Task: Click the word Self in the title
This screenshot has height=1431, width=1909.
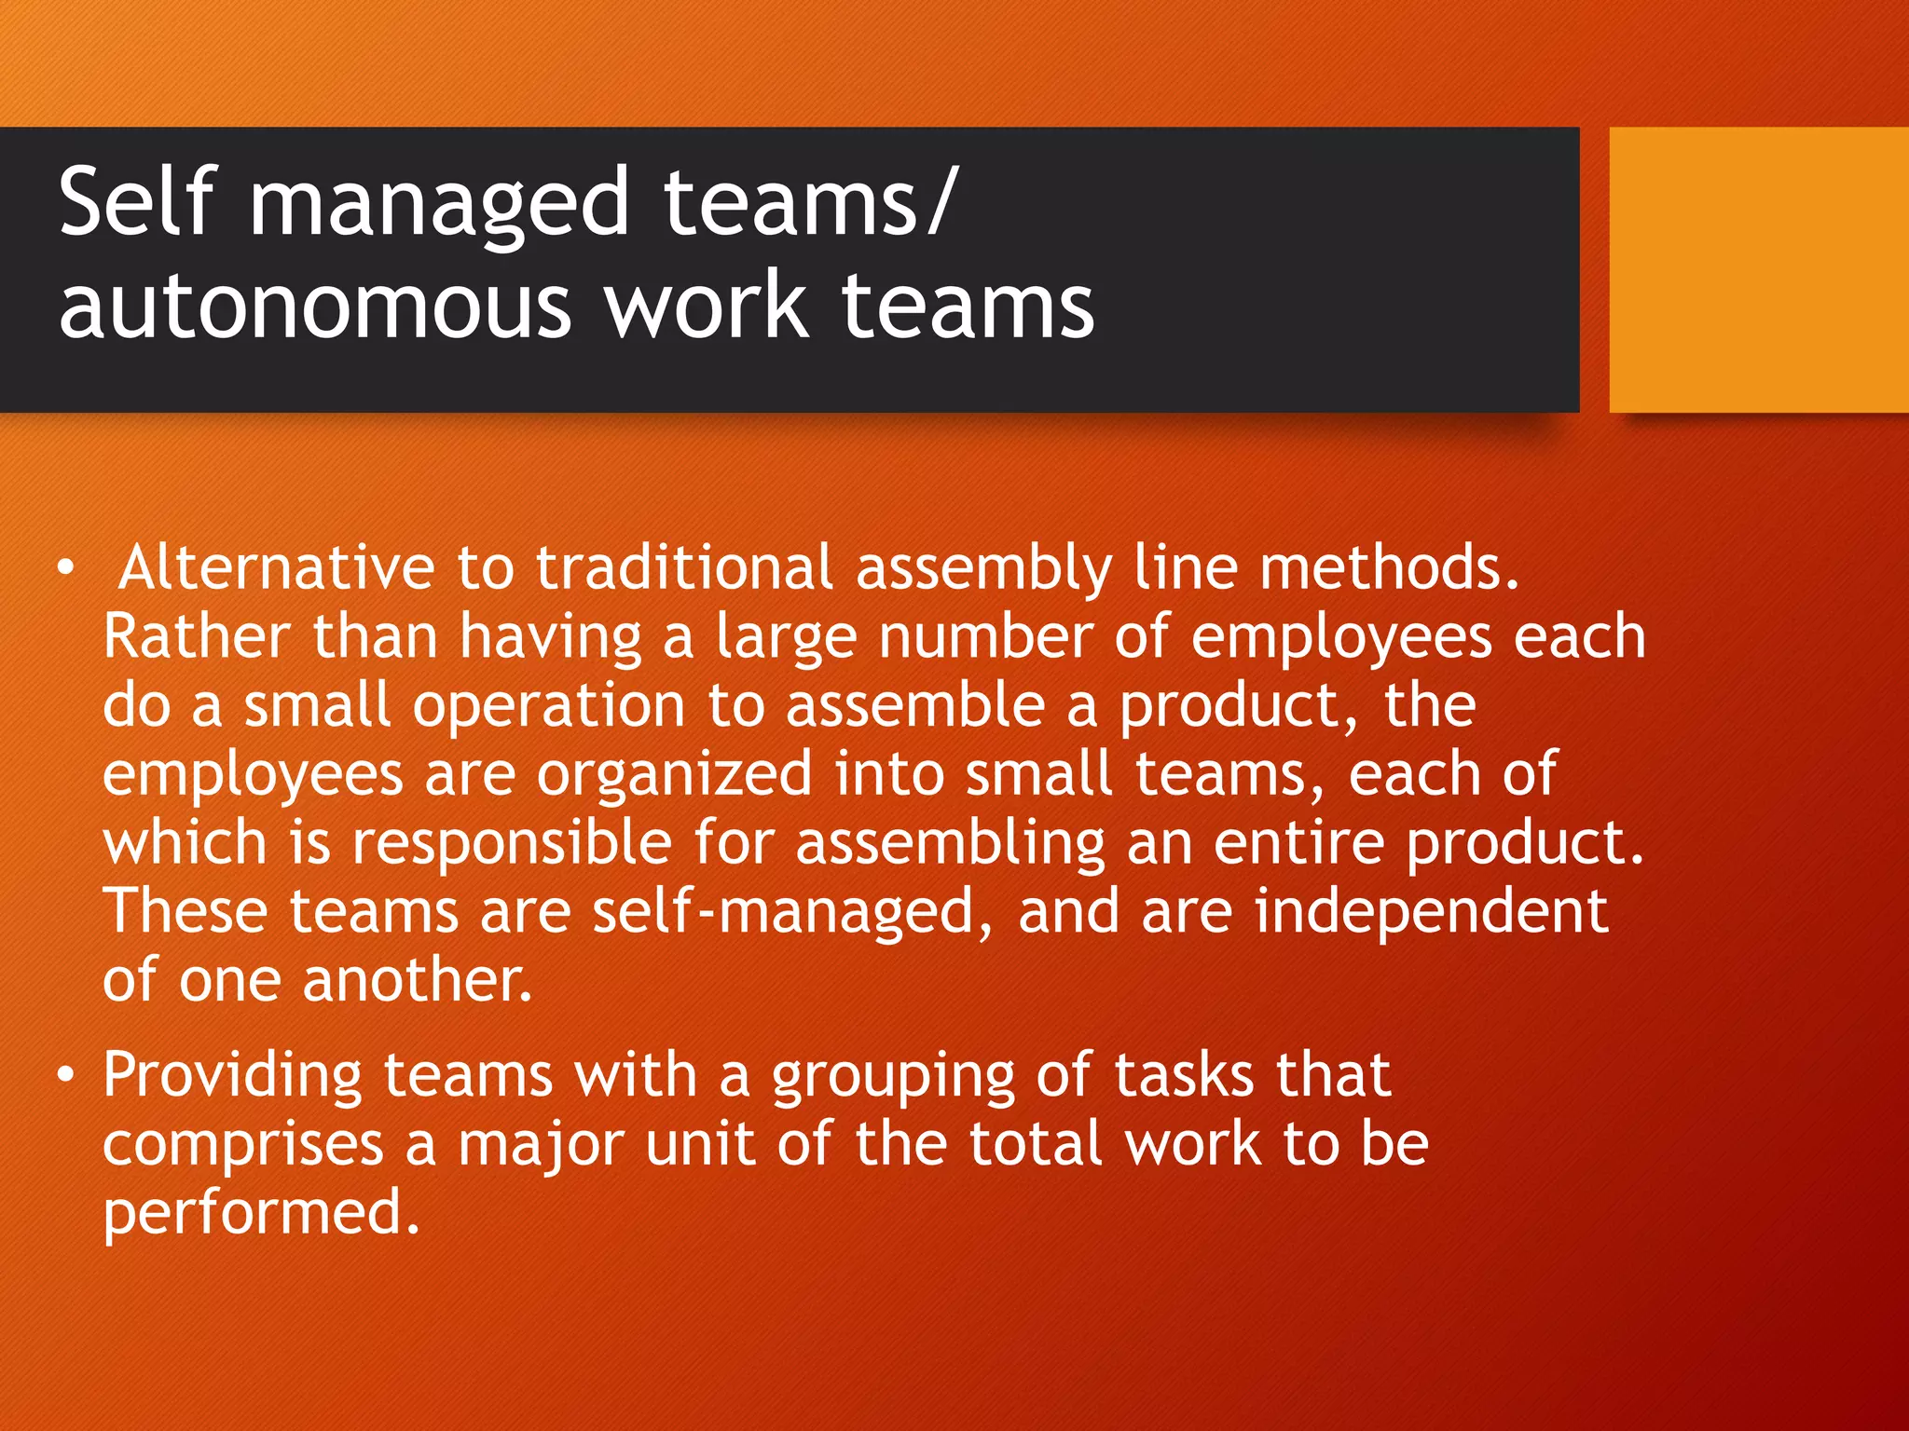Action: pyautogui.click(x=137, y=200)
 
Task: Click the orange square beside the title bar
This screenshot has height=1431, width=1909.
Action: pyautogui.click(x=1759, y=269)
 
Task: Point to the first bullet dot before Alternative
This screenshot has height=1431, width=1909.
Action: pyautogui.click(x=64, y=568)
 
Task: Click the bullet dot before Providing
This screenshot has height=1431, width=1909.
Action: pyautogui.click(x=64, y=1076)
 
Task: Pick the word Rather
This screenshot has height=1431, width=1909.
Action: pyautogui.click(x=196, y=637)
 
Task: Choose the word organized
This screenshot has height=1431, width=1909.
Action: pyautogui.click(x=674, y=774)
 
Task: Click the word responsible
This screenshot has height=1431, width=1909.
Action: pyautogui.click(x=512, y=842)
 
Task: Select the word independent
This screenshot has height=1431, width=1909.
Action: pyautogui.click(x=1431, y=911)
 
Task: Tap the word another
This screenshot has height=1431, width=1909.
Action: pyautogui.click(x=418, y=980)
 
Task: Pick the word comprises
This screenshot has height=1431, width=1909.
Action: pyautogui.click(x=243, y=1145)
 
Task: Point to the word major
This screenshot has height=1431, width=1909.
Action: pyautogui.click(x=541, y=1145)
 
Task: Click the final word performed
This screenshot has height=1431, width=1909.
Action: pyautogui.click(x=261, y=1213)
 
